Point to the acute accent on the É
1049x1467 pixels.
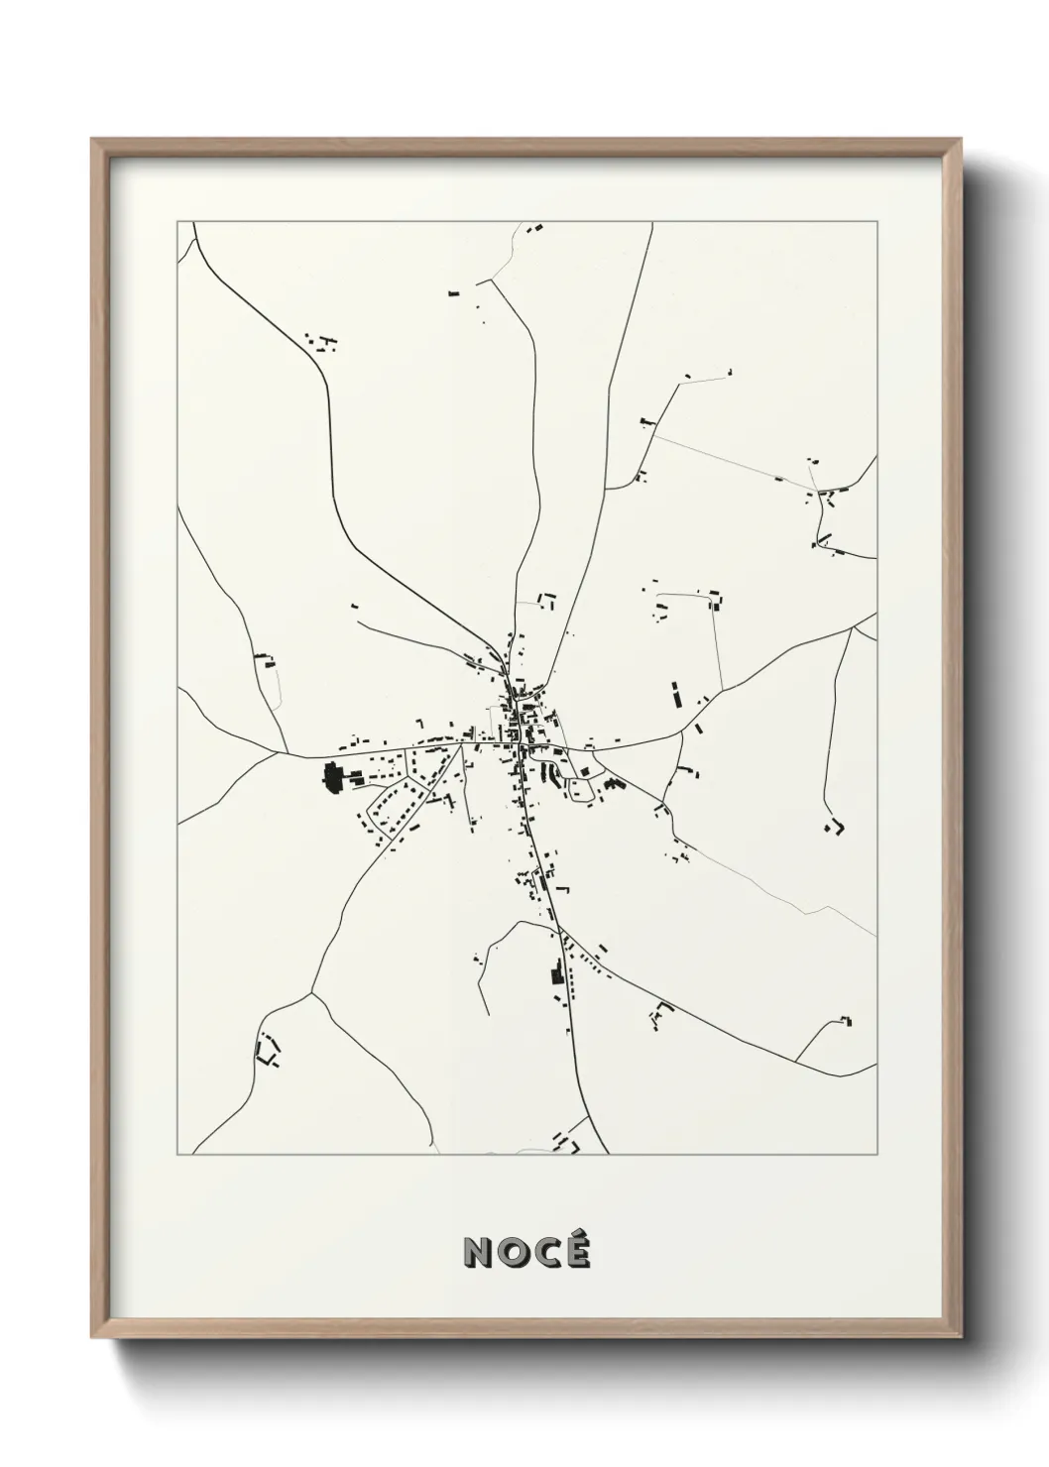coord(580,1235)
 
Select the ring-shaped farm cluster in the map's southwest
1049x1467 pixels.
coord(267,1049)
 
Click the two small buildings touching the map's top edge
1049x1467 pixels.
coord(535,228)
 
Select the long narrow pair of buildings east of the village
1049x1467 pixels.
coord(676,694)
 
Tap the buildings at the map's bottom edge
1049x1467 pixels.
coord(567,1143)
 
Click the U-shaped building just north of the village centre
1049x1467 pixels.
coord(547,599)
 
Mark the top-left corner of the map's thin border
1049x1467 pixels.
coord(177,222)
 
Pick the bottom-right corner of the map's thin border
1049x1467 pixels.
coord(876,1154)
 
